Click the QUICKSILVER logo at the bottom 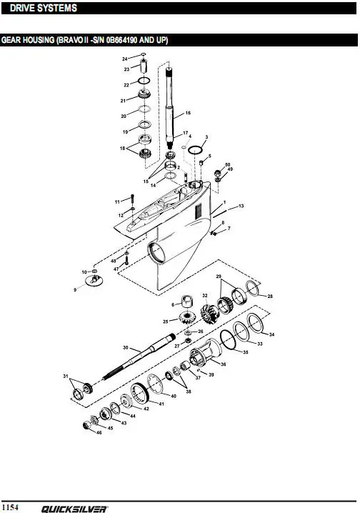(x=74, y=509)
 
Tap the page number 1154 (x=10, y=507)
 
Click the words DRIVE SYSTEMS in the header (x=44, y=8)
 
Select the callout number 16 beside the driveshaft (x=188, y=113)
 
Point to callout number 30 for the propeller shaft (x=126, y=347)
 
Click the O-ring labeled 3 (x=196, y=149)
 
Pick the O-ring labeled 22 (x=144, y=81)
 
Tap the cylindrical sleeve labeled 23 (x=144, y=66)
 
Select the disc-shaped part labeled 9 (x=94, y=281)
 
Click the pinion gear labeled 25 (x=187, y=317)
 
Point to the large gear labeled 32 (x=209, y=314)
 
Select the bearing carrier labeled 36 (x=206, y=354)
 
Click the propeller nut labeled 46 (x=88, y=425)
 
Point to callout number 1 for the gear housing (x=224, y=203)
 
